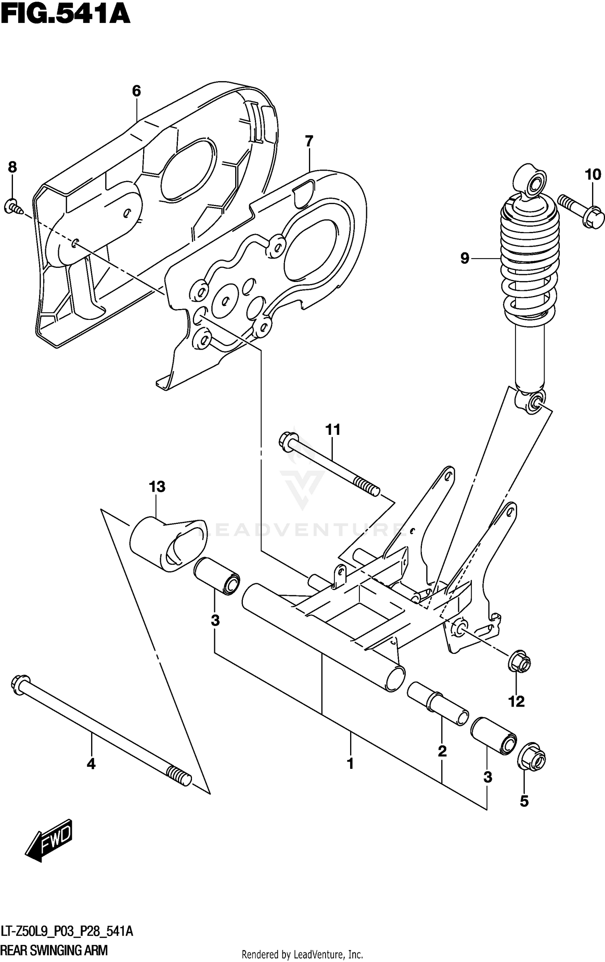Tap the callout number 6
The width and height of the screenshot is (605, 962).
click(x=136, y=91)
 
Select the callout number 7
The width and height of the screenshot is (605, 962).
click(x=309, y=142)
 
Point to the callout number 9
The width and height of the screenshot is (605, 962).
click(x=465, y=258)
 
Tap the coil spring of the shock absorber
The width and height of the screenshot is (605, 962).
click(x=529, y=266)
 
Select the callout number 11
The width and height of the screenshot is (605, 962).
click(x=333, y=430)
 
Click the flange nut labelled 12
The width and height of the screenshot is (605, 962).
click(x=518, y=662)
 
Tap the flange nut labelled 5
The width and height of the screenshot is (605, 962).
click(x=531, y=761)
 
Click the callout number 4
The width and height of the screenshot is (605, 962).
click(x=91, y=764)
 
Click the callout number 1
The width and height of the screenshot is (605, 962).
click(x=350, y=764)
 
